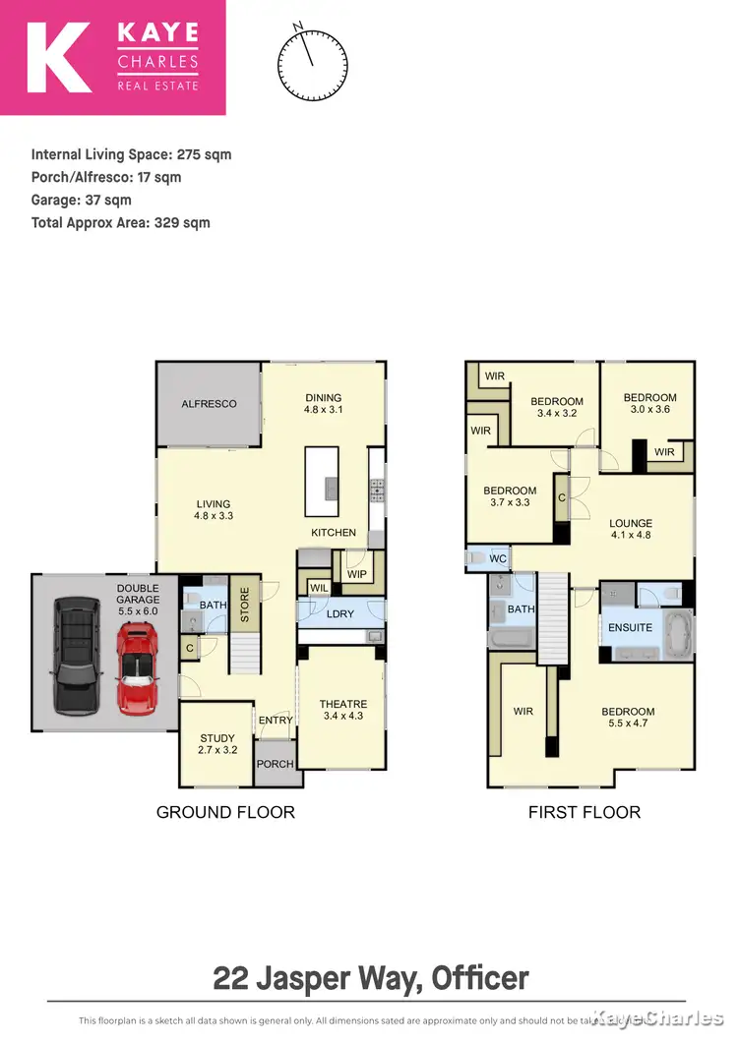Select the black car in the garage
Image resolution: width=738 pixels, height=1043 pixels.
(x=75, y=656)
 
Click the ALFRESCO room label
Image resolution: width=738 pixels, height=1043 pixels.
(x=209, y=404)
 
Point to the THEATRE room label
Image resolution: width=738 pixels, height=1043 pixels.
(x=342, y=705)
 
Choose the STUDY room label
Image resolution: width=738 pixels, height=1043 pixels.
(x=217, y=738)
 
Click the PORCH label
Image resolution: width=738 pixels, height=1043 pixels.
(x=275, y=764)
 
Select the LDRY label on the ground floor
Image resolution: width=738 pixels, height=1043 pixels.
(x=340, y=614)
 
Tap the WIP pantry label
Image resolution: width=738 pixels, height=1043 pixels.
(x=356, y=575)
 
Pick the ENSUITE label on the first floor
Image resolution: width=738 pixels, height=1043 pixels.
(x=630, y=627)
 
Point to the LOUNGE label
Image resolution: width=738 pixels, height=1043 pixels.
(x=630, y=524)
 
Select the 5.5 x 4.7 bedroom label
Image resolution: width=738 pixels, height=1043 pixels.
(x=628, y=718)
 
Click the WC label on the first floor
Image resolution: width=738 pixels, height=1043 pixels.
(x=498, y=559)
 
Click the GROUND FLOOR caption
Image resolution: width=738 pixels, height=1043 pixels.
(x=226, y=812)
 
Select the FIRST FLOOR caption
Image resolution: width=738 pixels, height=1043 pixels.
(x=584, y=812)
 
